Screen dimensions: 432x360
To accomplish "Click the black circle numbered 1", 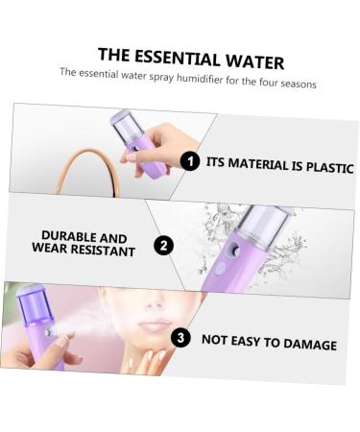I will [190, 160].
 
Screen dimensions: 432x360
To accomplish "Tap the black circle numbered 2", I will [165, 246].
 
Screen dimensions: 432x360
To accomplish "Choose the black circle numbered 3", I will [181, 337].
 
